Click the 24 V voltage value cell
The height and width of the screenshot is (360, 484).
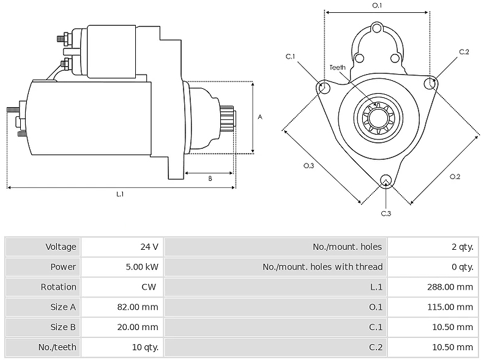[x=149, y=247]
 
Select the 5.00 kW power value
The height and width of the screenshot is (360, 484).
[x=142, y=267]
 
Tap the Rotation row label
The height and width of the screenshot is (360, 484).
[x=58, y=287]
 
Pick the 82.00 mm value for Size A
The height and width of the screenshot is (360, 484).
[x=138, y=307]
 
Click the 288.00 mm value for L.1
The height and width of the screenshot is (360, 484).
[x=450, y=287]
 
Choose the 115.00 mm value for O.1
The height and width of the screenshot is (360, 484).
[x=450, y=307]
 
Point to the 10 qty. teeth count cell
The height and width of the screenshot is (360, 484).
[x=145, y=347]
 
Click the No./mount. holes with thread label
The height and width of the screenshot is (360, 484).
[x=322, y=267]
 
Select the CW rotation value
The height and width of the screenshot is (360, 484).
[x=149, y=287]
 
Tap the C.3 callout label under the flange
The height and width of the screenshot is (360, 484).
[x=386, y=213]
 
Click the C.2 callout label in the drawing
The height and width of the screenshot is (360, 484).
[x=464, y=52]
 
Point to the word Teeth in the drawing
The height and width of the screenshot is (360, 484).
[x=337, y=67]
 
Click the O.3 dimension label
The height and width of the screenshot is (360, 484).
[x=308, y=166]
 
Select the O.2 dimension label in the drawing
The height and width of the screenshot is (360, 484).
[x=455, y=176]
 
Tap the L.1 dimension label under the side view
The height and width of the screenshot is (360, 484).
[x=120, y=194]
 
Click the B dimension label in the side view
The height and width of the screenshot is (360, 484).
[x=210, y=178]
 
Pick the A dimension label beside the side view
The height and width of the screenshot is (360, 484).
[x=260, y=117]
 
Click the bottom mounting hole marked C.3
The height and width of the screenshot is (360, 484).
[x=386, y=181]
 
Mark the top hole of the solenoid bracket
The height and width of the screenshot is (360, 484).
[x=376, y=29]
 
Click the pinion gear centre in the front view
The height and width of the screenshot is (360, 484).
[x=378, y=118]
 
